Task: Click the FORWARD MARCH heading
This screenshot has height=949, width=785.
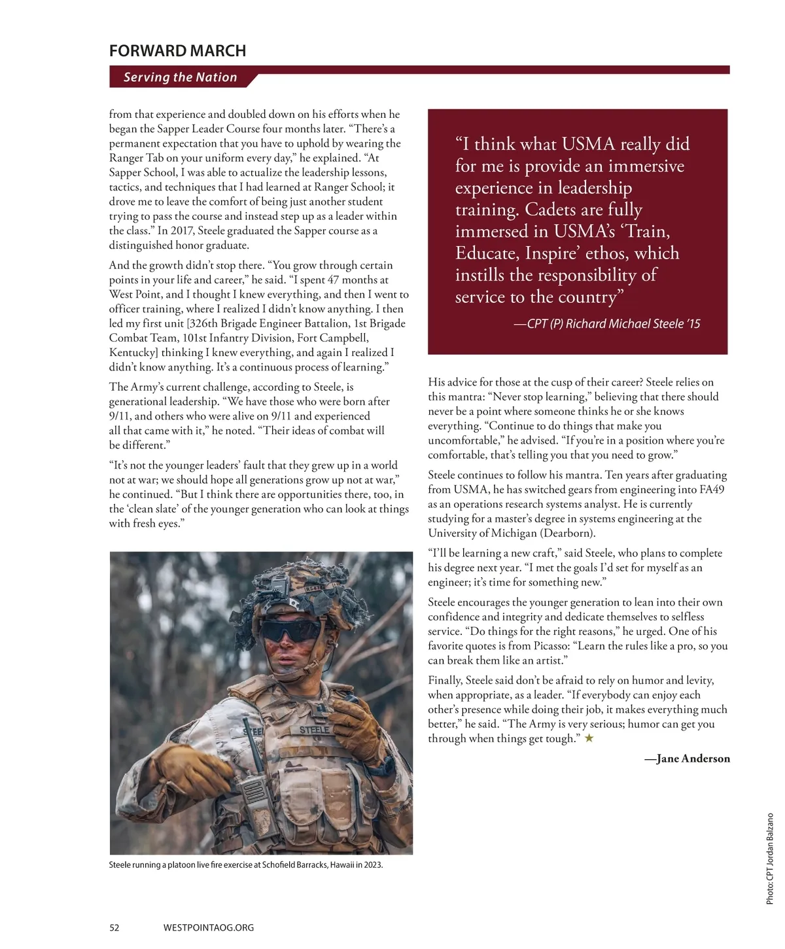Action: [x=177, y=51]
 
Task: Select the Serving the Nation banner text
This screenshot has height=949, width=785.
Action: [x=180, y=77]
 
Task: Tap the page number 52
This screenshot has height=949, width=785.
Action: [x=114, y=927]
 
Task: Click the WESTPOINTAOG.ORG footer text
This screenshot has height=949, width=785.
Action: [x=208, y=927]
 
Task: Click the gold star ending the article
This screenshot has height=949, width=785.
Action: [x=589, y=738]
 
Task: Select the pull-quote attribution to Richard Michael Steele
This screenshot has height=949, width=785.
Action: [x=607, y=323]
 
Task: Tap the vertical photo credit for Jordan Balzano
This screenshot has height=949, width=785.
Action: [x=770, y=859]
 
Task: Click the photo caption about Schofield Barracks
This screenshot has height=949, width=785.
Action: [x=246, y=865]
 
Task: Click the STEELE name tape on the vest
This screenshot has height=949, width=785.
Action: [x=314, y=729]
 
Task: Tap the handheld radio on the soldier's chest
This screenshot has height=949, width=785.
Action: [x=254, y=789]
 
